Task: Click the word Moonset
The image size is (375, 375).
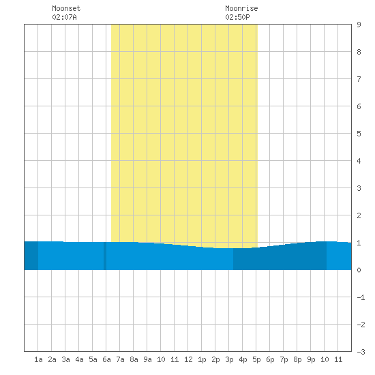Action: [66, 8]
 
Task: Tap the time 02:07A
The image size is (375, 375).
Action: [64, 17]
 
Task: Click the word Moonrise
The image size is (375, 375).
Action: [241, 8]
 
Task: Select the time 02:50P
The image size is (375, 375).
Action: [237, 17]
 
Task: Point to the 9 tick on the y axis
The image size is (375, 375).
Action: [359, 25]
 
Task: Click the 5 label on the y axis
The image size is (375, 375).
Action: [359, 134]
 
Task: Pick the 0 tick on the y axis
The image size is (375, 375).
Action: [359, 270]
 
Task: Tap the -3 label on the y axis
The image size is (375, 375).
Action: [361, 352]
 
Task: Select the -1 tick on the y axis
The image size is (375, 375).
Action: [361, 297]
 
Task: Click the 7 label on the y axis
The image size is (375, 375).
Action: [359, 79]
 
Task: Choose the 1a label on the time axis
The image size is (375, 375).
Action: [38, 359]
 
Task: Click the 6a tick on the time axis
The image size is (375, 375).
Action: [106, 359]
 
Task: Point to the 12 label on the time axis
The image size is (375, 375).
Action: [188, 359]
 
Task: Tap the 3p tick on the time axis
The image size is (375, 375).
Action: [229, 359]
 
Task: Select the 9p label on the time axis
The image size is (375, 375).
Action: [311, 359]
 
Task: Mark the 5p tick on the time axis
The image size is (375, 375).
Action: [256, 359]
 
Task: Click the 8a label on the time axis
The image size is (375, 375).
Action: [134, 359]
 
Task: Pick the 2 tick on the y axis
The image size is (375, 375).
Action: [359, 215]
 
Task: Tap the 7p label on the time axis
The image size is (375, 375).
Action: [284, 359]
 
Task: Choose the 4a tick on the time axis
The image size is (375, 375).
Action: [79, 359]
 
